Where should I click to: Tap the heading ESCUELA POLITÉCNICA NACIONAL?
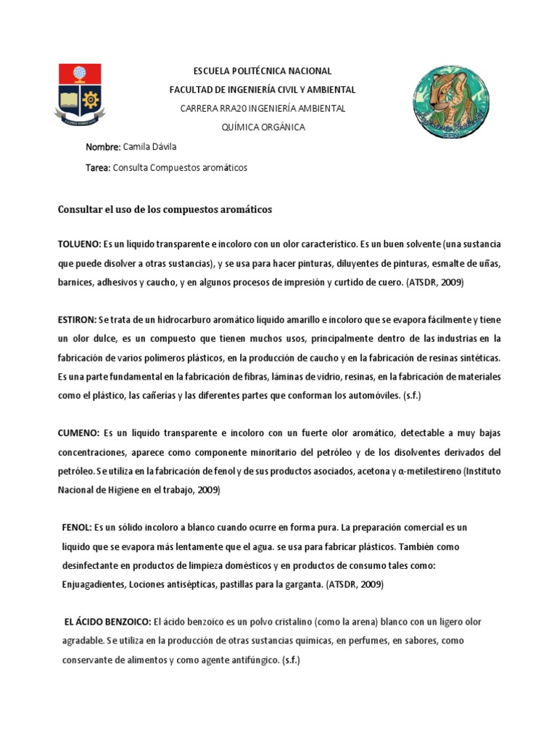click(x=262, y=71)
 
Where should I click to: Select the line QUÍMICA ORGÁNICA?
click(x=263, y=127)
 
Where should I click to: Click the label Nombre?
click(x=103, y=147)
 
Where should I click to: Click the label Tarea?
click(x=99, y=167)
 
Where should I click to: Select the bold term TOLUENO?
click(x=79, y=244)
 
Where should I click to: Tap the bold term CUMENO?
click(x=78, y=433)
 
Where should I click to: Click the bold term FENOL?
click(x=77, y=528)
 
